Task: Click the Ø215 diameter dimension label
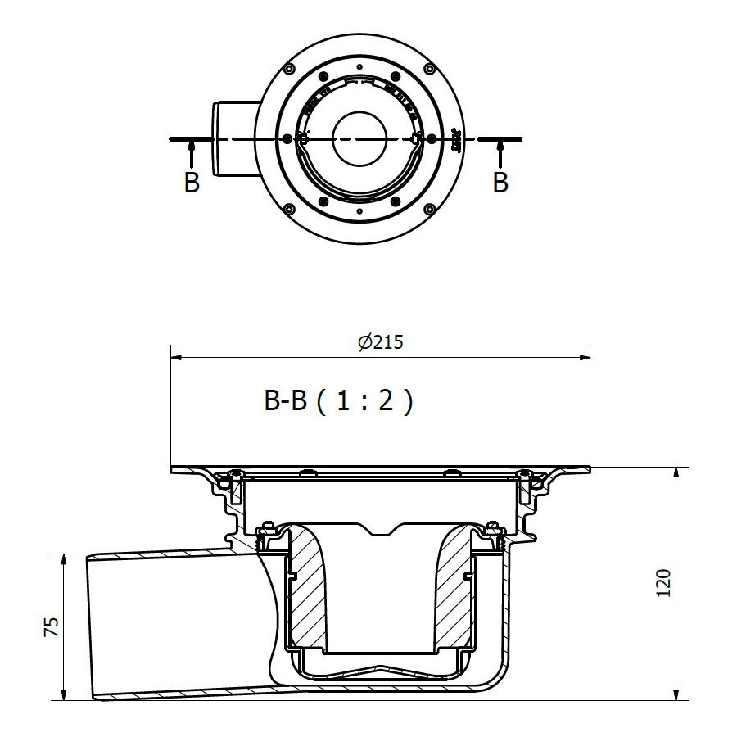pyautogui.click(x=381, y=343)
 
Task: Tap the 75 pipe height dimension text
pyautogui.click(x=51, y=627)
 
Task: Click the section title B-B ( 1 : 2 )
pyautogui.click(x=337, y=402)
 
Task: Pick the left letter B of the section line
pyautogui.click(x=192, y=183)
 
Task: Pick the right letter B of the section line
pyautogui.click(x=500, y=183)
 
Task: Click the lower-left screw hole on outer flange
pyautogui.click(x=289, y=210)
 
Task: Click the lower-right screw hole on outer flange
pyautogui.click(x=427, y=210)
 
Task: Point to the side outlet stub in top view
pyautogui.click(x=233, y=137)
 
